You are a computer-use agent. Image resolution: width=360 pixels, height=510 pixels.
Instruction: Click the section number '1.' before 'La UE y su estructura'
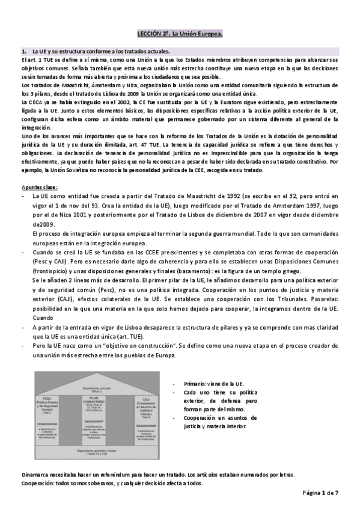pyautogui.click(x=23, y=52)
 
